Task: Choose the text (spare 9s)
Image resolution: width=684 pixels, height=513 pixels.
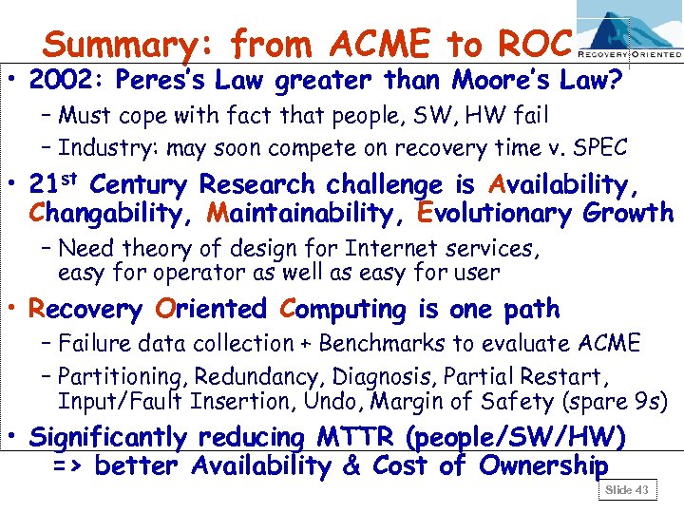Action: click(612, 402)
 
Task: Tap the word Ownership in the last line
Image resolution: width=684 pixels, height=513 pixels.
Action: click(543, 466)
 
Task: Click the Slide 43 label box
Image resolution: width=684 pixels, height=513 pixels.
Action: click(627, 489)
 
